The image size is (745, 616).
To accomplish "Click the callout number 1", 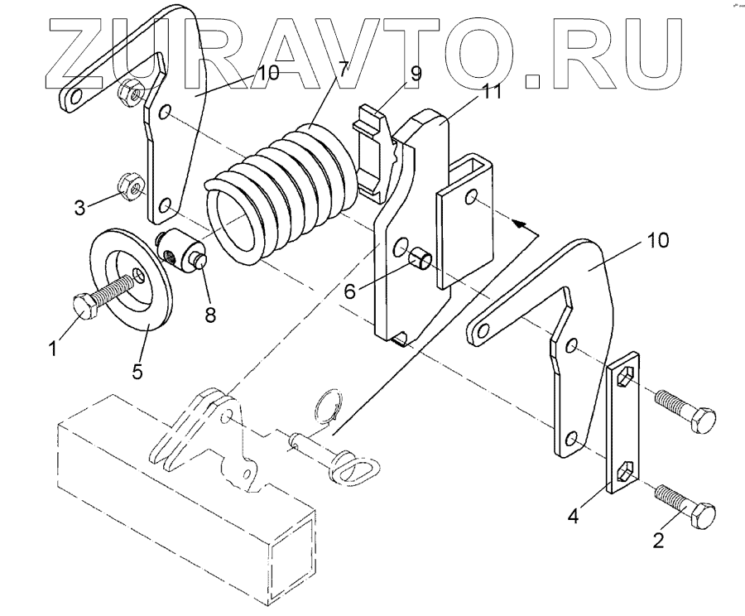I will [54, 349].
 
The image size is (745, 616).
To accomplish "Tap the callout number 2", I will [659, 541].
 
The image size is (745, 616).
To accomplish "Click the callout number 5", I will [137, 370].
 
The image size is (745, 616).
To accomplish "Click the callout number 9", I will [415, 74].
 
